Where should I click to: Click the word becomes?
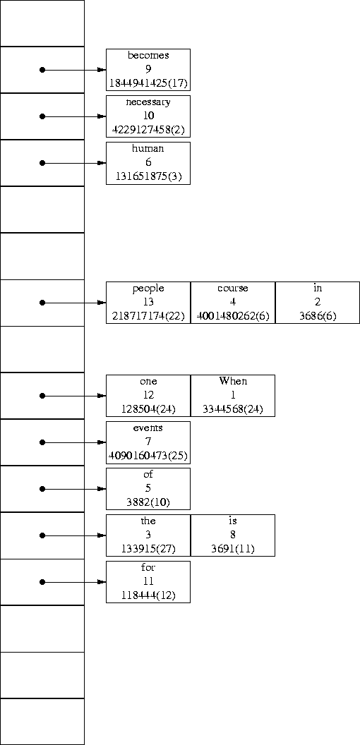pyautogui.click(x=148, y=55)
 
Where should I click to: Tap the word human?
pyautogui.click(x=148, y=148)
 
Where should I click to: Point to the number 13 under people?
pyautogui.click(x=148, y=302)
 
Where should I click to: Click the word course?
pyautogui.click(x=233, y=288)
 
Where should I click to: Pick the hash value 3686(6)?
pyautogui.click(x=318, y=316)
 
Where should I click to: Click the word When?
pyautogui.click(x=233, y=381)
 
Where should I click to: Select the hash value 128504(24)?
pyautogui.click(x=148, y=409)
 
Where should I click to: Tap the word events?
pyautogui.click(x=148, y=428)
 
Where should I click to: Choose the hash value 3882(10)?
pyautogui.click(x=148, y=502)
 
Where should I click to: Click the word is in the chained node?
pyautogui.click(x=233, y=521)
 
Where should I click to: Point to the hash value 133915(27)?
pyautogui.click(x=148, y=549)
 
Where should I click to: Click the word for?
pyautogui.click(x=148, y=567)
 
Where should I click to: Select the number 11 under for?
pyautogui.click(x=148, y=581)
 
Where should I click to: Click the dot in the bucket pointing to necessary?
pyautogui.click(x=42, y=116)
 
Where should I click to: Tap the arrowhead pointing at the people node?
pyautogui.click(x=102, y=303)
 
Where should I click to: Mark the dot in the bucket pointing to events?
pyautogui.click(x=42, y=442)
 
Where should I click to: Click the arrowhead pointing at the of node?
pyautogui.click(x=102, y=489)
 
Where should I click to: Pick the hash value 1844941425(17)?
pyautogui.click(x=148, y=83)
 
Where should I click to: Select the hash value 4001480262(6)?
pyautogui.click(x=233, y=316)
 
